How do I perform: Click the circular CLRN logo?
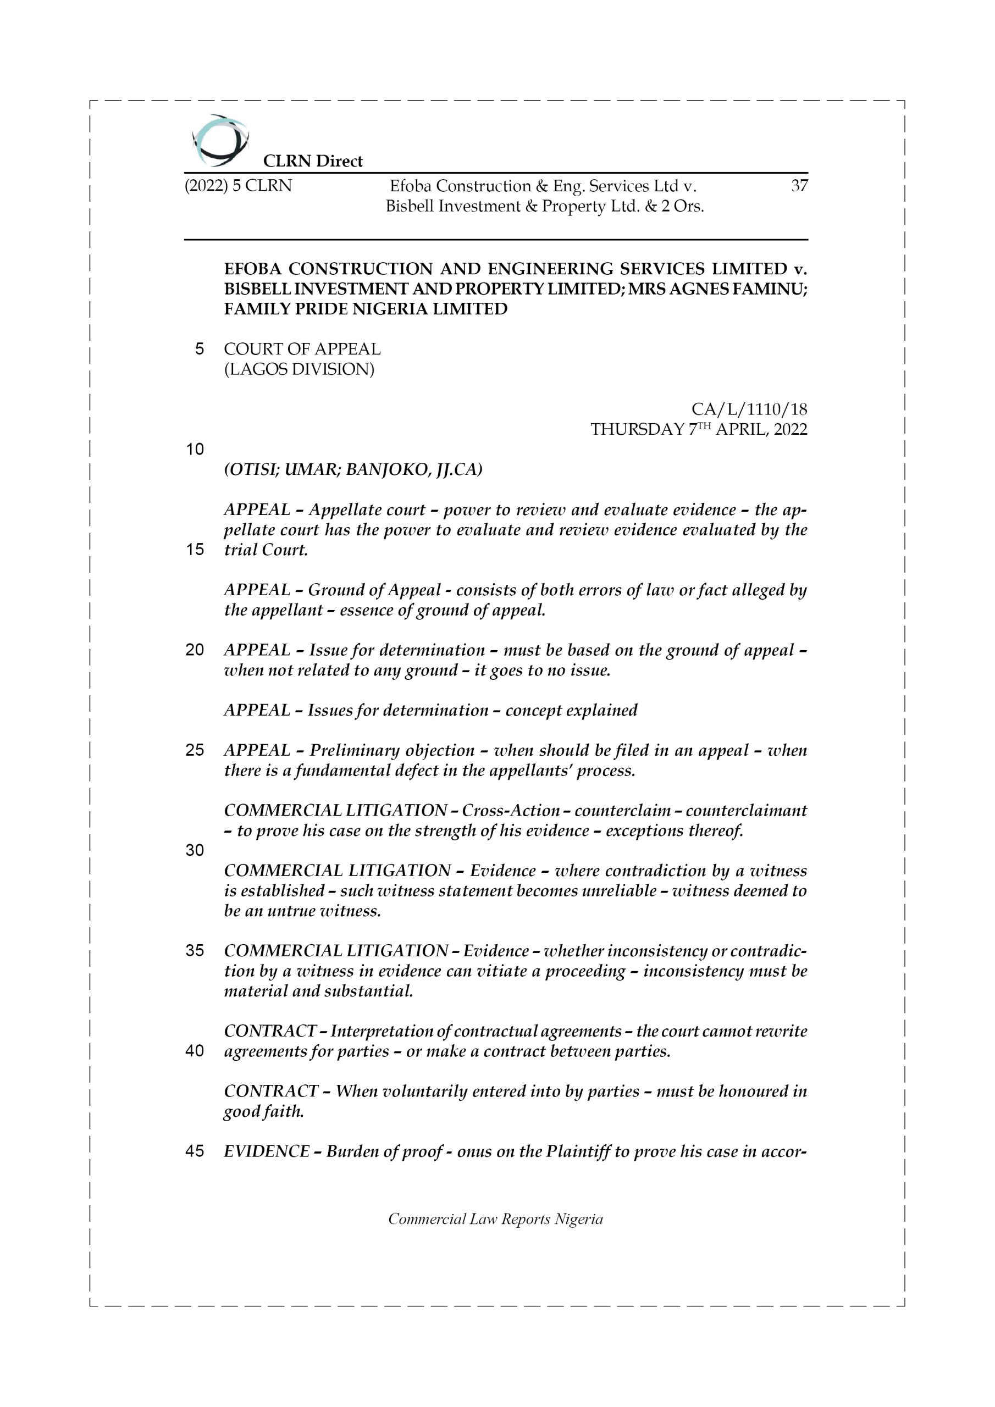pos(220,140)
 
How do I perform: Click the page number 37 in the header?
pos(799,185)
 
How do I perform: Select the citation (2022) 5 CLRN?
pos(238,185)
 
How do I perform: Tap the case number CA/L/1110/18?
pos(749,409)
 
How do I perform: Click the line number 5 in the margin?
pos(199,350)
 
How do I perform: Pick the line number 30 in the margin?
pos(195,850)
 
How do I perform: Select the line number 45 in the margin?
pos(195,1151)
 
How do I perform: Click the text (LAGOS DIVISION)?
pos(298,369)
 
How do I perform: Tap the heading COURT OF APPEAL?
pos(302,350)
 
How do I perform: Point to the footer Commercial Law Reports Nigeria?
pos(495,1219)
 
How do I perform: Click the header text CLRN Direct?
pos(313,161)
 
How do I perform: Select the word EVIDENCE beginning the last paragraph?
pos(267,1151)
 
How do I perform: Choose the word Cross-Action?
pos(510,810)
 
